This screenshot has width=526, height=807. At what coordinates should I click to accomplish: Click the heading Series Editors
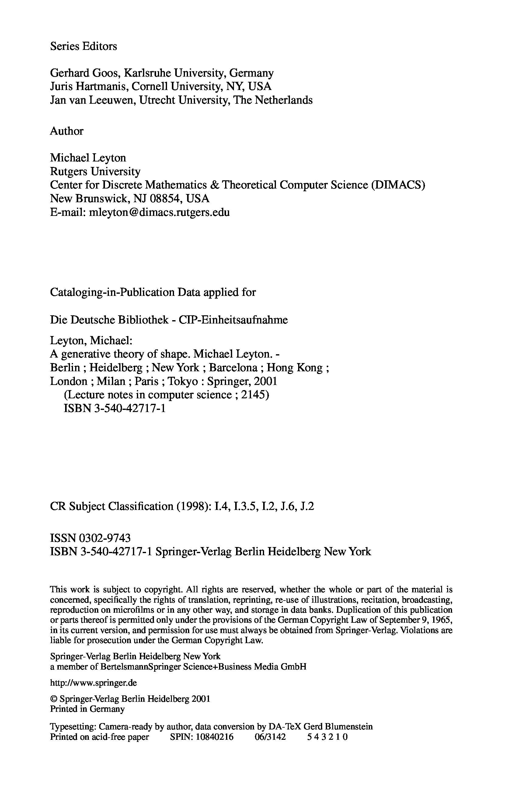[83, 46]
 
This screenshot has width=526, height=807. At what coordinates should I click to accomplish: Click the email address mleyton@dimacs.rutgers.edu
[159, 212]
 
